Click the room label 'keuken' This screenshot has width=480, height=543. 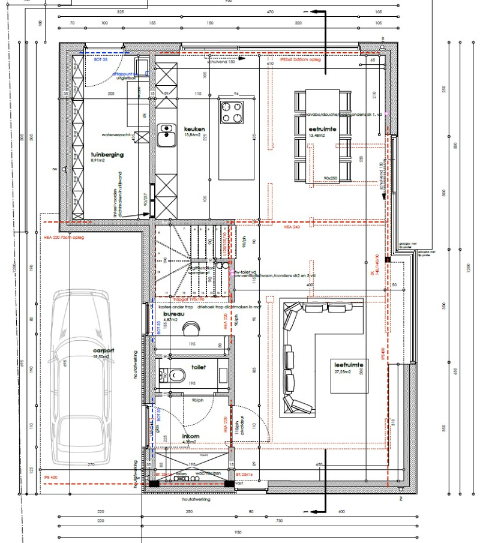[x=195, y=128]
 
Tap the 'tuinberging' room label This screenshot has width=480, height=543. [x=107, y=154]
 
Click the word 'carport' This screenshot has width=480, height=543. [x=103, y=350]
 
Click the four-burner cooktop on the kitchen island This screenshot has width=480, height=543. [x=232, y=112]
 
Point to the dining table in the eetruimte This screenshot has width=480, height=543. [x=322, y=136]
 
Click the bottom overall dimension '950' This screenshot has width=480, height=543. [x=238, y=532]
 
